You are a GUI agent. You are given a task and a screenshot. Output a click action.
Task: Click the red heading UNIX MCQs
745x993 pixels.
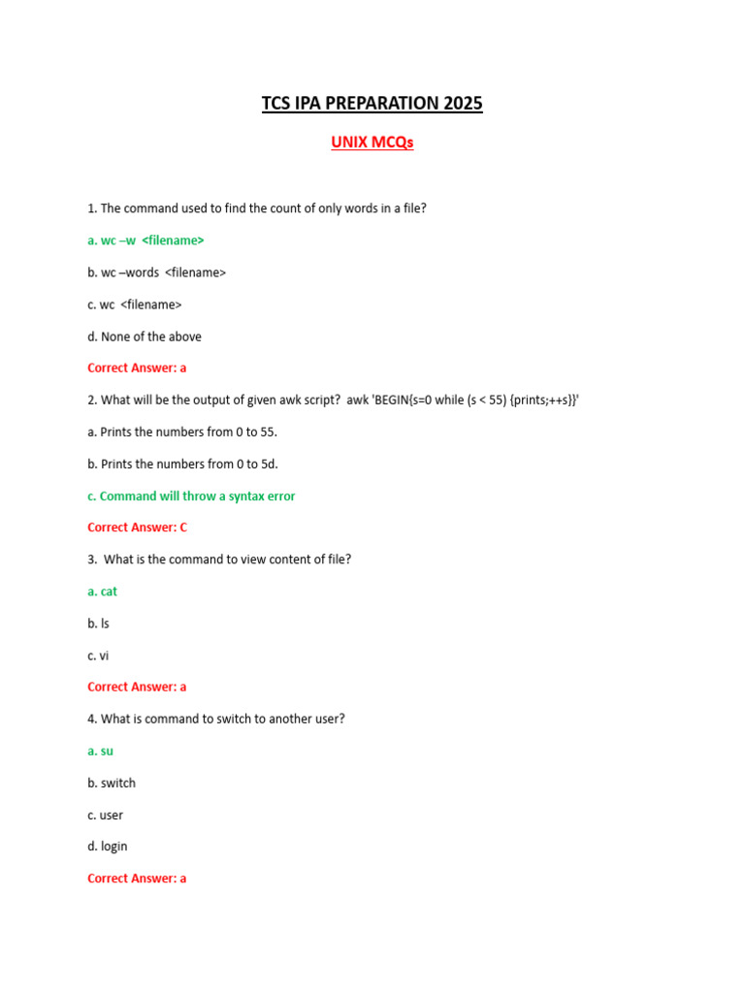[x=372, y=143]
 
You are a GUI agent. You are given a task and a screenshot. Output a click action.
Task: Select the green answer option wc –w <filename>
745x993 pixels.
[x=146, y=240]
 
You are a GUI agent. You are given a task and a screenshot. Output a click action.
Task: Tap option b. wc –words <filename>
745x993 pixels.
[x=156, y=272]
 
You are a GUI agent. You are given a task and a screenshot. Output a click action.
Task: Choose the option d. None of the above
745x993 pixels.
[x=145, y=336]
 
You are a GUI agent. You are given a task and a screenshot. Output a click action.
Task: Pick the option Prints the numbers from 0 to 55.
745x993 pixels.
[x=182, y=432]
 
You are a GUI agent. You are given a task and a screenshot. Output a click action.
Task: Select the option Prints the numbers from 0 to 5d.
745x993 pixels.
[x=182, y=464]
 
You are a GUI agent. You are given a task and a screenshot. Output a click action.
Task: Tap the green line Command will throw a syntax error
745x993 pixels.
[x=191, y=496]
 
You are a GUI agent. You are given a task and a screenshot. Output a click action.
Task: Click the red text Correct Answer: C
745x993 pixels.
[x=137, y=528]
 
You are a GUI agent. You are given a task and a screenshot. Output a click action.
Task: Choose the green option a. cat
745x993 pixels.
[x=102, y=592]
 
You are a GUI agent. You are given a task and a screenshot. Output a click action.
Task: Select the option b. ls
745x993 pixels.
[x=98, y=624]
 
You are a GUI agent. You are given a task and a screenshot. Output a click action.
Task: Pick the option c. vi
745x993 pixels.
[x=98, y=656]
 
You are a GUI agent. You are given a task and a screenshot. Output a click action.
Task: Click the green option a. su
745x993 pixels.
[x=101, y=751]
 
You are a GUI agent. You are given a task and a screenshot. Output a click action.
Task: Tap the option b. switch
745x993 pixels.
[x=112, y=783]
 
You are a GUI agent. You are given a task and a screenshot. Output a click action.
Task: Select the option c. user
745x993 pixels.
[x=106, y=815]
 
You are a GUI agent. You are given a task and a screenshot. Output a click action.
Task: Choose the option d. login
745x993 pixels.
[x=108, y=847]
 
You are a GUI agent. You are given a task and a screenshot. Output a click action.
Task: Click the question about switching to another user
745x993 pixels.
[x=216, y=719]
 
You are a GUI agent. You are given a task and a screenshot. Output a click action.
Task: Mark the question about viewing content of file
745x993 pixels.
[x=219, y=560]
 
